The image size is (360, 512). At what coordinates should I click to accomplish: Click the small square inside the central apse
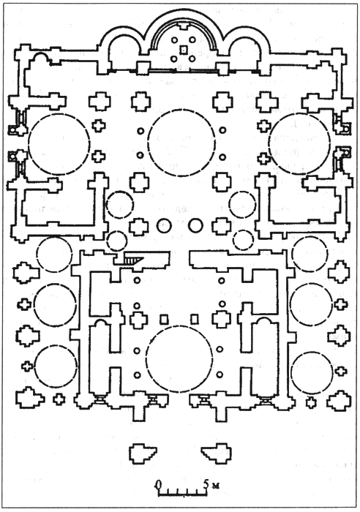[x=184, y=49]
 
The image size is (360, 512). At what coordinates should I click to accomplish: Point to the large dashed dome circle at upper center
[x=181, y=143]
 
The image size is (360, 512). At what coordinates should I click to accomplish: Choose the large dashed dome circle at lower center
[x=179, y=358]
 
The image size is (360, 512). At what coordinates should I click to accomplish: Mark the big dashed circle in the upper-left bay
[x=59, y=144]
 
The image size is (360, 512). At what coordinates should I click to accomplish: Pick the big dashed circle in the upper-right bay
[x=299, y=143]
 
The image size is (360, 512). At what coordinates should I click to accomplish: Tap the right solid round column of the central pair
[x=195, y=225]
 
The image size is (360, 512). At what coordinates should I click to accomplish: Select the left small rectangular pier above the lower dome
[x=164, y=319]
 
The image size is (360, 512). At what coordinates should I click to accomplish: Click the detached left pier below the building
[x=143, y=453]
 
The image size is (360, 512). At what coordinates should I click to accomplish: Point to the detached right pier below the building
[x=217, y=453]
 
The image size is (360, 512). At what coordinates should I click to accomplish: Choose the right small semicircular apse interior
[x=246, y=56]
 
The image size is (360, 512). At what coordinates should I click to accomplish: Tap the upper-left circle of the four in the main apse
[x=175, y=39]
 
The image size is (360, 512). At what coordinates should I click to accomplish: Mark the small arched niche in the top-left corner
[x=41, y=58]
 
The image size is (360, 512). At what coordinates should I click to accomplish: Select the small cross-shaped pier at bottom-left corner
[x=59, y=399]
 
